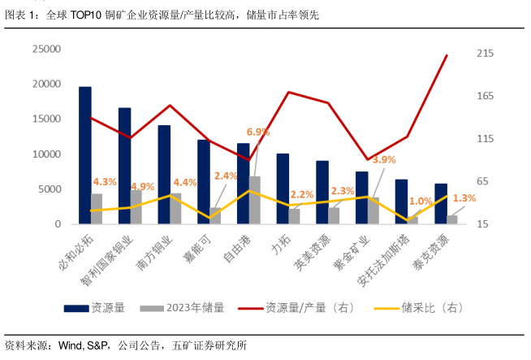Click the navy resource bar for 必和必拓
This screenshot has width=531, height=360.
point(85,155)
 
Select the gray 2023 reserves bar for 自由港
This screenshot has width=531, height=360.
point(255,200)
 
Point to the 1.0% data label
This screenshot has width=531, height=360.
point(421,202)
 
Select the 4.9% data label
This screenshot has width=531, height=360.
point(142,186)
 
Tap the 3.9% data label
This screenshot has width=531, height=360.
point(383,159)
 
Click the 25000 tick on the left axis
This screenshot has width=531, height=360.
point(45,49)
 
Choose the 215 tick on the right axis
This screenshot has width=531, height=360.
point(485,54)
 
